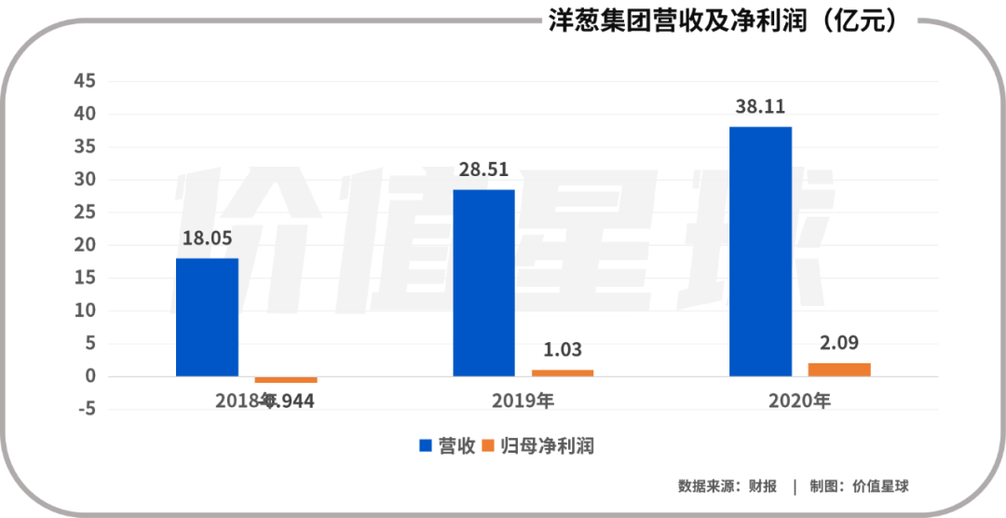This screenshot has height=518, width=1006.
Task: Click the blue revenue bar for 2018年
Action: pyautogui.click(x=207, y=317)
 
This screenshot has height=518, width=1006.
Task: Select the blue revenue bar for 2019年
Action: pyautogui.click(x=483, y=282)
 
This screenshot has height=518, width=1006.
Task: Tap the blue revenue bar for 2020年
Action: pyautogui.click(x=760, y=252)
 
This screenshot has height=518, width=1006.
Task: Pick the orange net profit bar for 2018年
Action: pyautogui.click(x=286, y=379)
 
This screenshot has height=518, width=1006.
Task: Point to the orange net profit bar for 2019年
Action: pyautogui.click(x=562, y=373)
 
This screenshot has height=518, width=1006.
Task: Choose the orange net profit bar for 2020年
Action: pyautogui.click(x=839, y=369)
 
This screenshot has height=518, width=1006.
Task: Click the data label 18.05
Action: pyautogui.click(x=207, y=239)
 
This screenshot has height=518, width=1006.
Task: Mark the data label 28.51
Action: pyautogui.click(x=483, y=170)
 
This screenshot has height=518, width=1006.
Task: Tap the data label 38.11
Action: pyautogui.click(x=760, y=107)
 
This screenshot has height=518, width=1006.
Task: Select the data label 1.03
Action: pyautogui.click(x=562, y=350)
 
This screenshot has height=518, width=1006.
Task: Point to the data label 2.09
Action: pyautogui.click(x=839, y=343)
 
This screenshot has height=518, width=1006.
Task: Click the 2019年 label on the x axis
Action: pyautogui.click(x=523, y=402)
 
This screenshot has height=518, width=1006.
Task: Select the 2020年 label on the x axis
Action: pyautogui.click(x=799, y=402)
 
